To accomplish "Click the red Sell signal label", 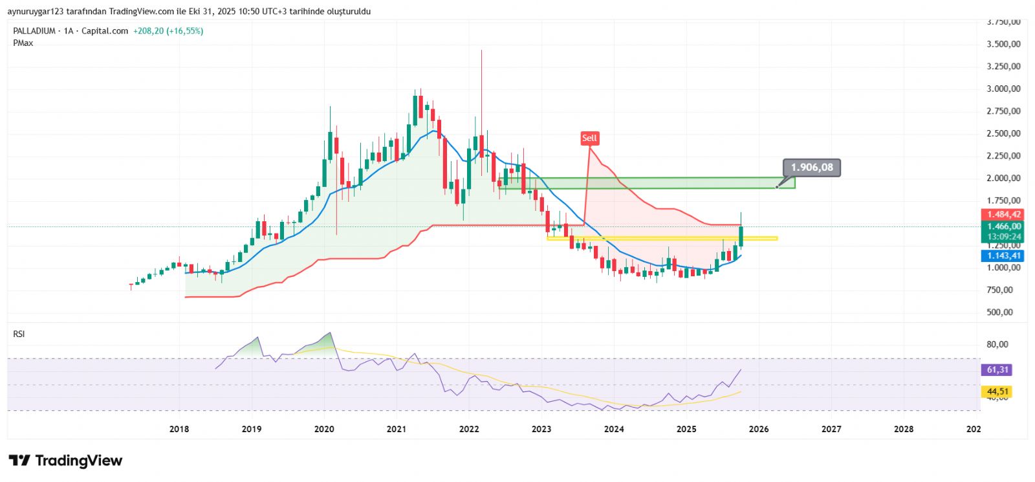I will tap(589, 138).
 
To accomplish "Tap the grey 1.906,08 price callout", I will tap(812, 168).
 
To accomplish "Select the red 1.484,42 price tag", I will tap(1003, 215).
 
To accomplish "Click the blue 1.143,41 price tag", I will tap(1003, 256).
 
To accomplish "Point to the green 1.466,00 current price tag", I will tap(1003, 226).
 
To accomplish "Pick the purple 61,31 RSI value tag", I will tap(997, 370).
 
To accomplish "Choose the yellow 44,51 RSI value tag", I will tap(997, 391).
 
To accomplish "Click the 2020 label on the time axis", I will tap(324, 429).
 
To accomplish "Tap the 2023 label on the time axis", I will tap(541, 429).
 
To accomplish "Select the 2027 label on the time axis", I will tap(831, 429).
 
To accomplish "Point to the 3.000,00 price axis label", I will tap(1003, 89).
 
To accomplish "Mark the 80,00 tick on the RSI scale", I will tap(997, 344).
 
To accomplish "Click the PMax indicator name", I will tap(23, 43).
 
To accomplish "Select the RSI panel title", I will tap(19, 334).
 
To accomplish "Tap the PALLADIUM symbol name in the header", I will tap(34, 31).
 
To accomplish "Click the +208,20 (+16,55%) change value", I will tap(168, 31).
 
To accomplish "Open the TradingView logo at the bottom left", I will tap(65, 461).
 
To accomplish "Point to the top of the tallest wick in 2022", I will tap(481, 50).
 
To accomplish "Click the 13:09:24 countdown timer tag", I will tap(1003, 237).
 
